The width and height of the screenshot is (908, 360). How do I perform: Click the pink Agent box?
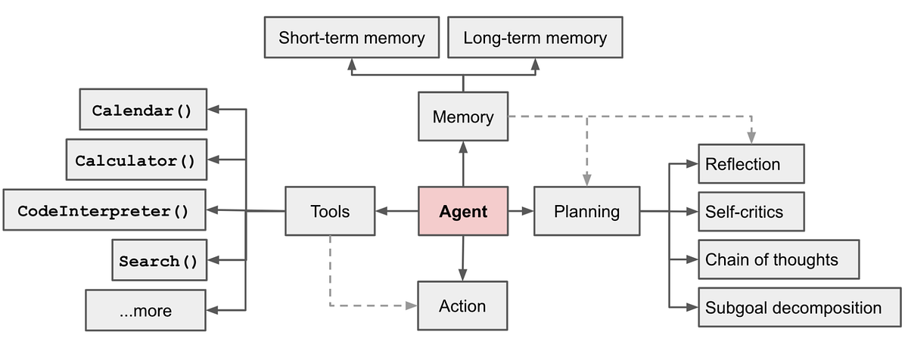(463, 212)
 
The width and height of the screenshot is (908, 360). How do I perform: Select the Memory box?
(463, 117)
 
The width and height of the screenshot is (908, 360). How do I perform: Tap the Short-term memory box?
(351, 38)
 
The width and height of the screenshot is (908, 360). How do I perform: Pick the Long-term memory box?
(535, 38)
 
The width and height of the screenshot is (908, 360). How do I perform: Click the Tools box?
(330, 212)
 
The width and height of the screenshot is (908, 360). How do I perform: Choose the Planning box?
(586, 212)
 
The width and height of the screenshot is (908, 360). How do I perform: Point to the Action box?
(462, 306)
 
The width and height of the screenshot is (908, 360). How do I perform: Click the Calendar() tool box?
(142, 110)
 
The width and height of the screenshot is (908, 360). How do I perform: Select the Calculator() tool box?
(135, 160)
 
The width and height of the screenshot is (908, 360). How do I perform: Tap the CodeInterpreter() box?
(104, 210)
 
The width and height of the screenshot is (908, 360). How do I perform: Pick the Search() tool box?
(158, 261)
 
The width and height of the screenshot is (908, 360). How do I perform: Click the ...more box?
(145, 310)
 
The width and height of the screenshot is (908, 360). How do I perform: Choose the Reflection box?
(751, 164)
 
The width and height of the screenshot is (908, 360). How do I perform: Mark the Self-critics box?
(751, 212)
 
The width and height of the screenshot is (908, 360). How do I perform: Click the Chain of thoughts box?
(778, 259)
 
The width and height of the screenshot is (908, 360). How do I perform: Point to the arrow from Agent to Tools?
(396, 212)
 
